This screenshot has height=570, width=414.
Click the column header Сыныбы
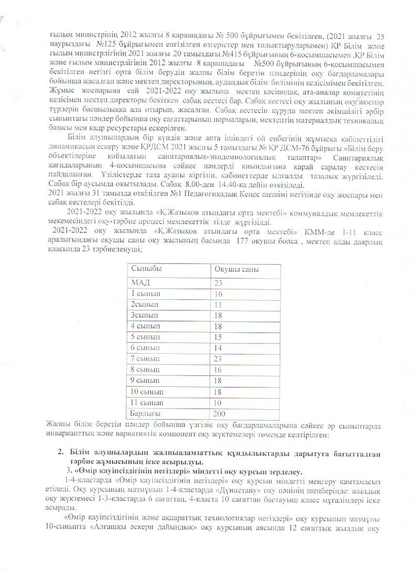point(146,270)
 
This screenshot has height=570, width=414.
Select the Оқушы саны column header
point(237,270)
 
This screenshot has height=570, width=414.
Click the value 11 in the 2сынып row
point(218,304)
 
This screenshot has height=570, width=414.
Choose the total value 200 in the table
point(221,414)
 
